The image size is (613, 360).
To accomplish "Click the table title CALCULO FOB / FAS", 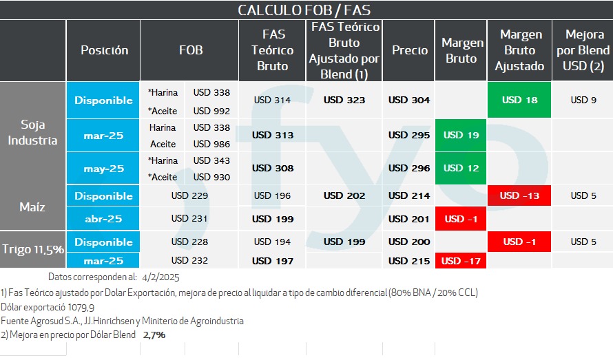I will (304, 10).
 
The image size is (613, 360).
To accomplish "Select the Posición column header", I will (104, 50).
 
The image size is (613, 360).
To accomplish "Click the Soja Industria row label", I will (33, 133).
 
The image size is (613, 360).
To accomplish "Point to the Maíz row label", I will (33, 207).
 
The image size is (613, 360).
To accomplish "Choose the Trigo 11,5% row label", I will (33, 249).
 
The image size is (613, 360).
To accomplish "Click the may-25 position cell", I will (103, 168).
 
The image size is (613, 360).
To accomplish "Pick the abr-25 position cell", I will (103, 219).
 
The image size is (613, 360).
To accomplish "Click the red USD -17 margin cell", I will (461, 261).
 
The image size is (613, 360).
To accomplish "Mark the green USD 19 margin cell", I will (461, 135).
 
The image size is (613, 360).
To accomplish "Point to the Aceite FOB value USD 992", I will (211, 110).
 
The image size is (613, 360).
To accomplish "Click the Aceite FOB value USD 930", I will (211, 177).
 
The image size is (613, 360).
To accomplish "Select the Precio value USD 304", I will (409, 100).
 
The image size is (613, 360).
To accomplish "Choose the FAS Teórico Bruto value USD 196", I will (272, 195).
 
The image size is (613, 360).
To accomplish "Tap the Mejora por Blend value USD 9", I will (579, 100).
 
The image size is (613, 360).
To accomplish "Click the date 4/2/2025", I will (160, 277).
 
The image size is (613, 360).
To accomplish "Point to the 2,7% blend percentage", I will (154, 335).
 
